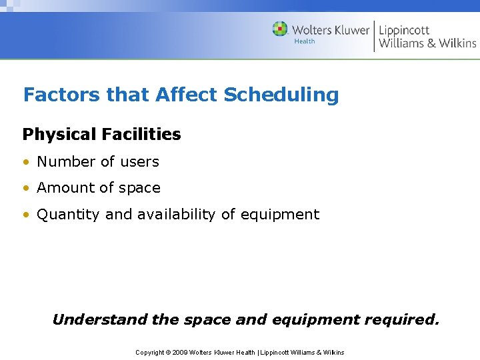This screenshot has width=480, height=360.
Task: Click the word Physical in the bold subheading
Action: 60,135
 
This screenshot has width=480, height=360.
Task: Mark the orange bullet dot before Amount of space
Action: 26,189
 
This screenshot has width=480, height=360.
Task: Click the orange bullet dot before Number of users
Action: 26,162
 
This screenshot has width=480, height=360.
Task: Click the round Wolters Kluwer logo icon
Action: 280,29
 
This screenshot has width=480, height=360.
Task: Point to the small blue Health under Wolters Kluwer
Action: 305,41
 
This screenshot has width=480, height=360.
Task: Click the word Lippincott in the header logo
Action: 404,30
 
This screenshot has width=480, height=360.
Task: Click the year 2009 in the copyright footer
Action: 180,352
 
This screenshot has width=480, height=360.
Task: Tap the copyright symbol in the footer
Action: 167,352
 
